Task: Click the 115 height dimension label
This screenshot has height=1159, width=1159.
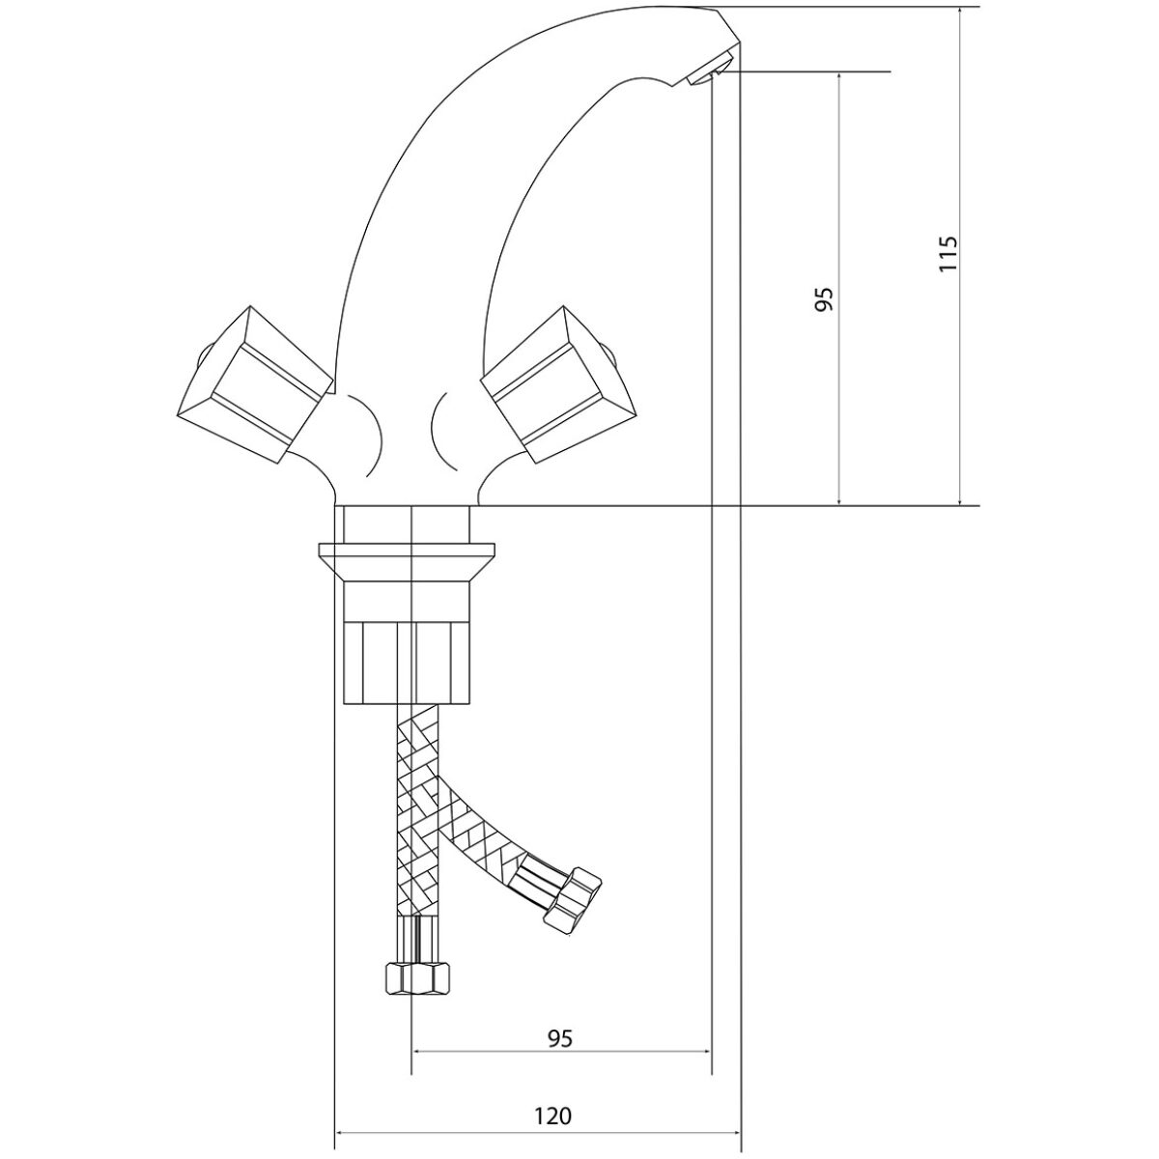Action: [947, 253]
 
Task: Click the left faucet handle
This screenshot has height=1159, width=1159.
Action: [255, 385]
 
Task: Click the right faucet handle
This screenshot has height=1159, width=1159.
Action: [557, 385]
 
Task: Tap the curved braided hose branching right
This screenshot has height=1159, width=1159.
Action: [481, 829]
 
